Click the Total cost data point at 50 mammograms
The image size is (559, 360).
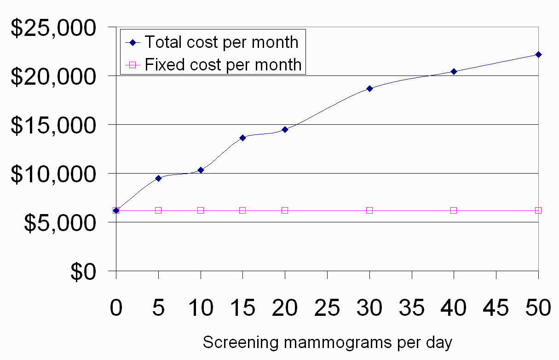(x=538, y=54)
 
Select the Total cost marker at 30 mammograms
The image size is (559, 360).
(x=369, y=88)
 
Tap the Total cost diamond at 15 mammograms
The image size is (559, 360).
(x=242, y=137)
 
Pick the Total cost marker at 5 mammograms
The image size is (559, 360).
(x=158, y=178)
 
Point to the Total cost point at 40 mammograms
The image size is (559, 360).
(x=454, y=71)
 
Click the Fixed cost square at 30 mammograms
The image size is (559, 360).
(x=369, y=210)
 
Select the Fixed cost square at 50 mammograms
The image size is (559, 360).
(x=538, y=210)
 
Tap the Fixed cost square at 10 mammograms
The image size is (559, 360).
(x=201, y=210)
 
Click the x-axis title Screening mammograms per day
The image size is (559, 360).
(x=327, y=343)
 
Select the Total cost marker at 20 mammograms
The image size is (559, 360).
(x=285, y=129)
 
